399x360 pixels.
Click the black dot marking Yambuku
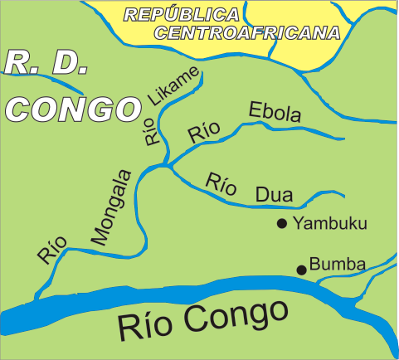(282, 222)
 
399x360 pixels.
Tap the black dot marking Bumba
(302, 269)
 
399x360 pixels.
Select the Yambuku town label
(330, 222)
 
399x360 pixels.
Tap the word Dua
(274, 195)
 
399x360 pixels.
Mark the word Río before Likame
(152, 133)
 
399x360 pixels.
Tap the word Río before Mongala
(50, 250)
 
